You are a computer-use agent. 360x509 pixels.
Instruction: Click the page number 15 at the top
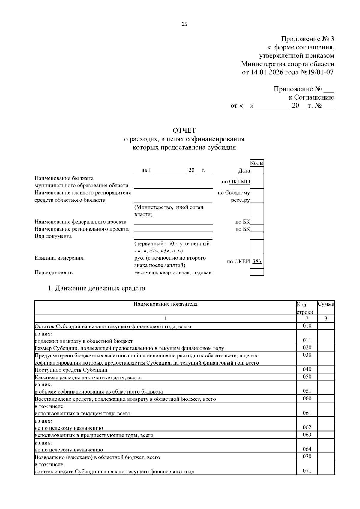pyautogui.click(x=184, y=24)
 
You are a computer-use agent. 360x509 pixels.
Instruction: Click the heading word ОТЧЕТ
pyautogui.click(x=184, y=130)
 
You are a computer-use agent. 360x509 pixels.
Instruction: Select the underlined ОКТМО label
pyautogui.click(x=239, y=182)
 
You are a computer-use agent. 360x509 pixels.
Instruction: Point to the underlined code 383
pyautogui.click(x=257, y=261)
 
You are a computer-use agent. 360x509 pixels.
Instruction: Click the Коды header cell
pyautogui.click(x=257, y=163)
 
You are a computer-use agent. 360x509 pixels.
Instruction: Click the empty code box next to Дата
pyautogui.click(x=257, y=171)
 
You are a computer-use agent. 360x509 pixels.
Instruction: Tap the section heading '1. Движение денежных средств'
pyautogui.click(x=97, y=288)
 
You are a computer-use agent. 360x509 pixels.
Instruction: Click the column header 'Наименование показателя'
pyautogui.click(x=166, y=304)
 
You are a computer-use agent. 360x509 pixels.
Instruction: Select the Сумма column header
pyautogui.click(x=326, y=304)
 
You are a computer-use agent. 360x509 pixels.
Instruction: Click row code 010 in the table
pyautogui.click(x=307, y=326)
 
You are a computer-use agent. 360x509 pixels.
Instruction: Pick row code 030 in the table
pyautogui.click(x=307, y=355)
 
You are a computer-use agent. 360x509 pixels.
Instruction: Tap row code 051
pyautogui.click(x=307, y=391)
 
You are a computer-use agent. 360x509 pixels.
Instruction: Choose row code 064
pyautogui.click(x=307, y=449)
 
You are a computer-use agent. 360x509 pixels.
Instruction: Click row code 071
pyautogui.click(x=307, y=471)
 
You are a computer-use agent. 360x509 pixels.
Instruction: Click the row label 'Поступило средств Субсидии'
pyautogui.click(x=71, y=370)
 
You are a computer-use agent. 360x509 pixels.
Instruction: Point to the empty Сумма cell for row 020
pyautogui.click(x=326, y=348)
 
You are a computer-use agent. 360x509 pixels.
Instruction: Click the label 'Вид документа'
pyautogui.click(x=53, y=236)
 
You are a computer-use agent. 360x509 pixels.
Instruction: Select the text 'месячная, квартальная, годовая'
pyautogui.click(x=173, y=272)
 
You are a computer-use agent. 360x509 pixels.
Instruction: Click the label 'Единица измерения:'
pyautogui.click(x=60, y=258)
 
